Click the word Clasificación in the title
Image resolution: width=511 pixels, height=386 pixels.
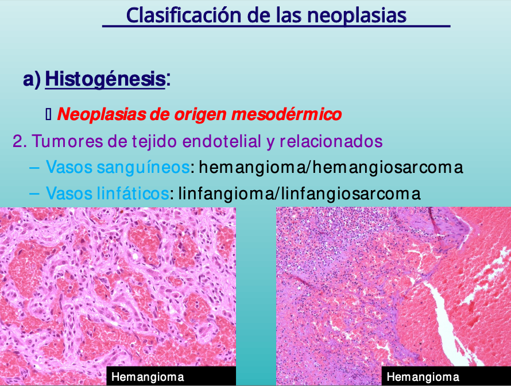click(x=184, y=16)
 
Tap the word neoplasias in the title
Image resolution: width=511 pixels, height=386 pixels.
click(x=357, y=16)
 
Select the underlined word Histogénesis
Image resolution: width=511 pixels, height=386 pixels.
click(x=105, y=79)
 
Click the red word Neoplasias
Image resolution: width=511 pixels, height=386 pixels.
click(x=102, y=114)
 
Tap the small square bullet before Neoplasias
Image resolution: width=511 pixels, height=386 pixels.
click(x=48, y=114)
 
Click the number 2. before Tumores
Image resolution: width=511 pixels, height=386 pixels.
click(x=20, y=141)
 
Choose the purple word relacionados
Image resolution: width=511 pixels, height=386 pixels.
click(x=331, y=141)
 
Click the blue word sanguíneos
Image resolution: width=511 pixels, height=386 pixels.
click(x=143, y=168)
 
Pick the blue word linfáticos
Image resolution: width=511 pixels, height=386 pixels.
click(x=133, y=193)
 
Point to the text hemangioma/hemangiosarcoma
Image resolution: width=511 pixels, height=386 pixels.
click(x=331, y=168)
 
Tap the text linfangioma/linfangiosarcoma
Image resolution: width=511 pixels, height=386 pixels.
click(x=300, y=194)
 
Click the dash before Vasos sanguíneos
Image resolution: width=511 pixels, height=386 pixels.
click(x=34, y=168)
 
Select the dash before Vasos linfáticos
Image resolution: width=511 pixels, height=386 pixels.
click(x=34, y=194)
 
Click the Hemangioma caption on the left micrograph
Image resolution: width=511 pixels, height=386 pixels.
click(x=148, y=377)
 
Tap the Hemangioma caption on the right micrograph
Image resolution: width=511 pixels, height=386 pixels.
click(x=423, y=377)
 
